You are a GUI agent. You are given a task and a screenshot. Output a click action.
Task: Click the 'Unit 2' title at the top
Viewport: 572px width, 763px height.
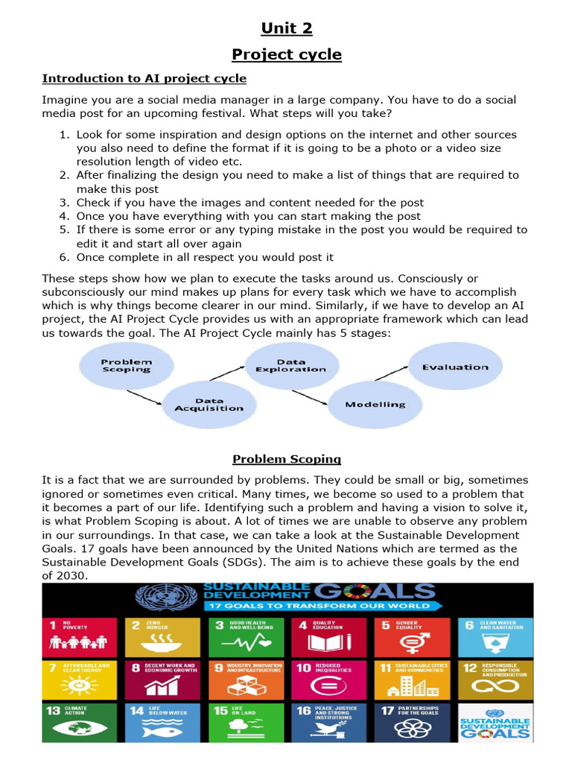286,29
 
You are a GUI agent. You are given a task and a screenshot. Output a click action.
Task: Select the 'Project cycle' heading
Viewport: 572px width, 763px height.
286,54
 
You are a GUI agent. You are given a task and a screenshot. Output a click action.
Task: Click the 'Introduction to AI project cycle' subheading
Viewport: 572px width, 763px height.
144,78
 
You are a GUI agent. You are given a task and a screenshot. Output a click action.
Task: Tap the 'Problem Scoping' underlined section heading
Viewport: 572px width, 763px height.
286,459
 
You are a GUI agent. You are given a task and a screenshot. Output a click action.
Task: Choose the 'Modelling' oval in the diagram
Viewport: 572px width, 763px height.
375,405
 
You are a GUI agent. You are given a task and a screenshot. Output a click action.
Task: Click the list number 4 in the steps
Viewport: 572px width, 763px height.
65,216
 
